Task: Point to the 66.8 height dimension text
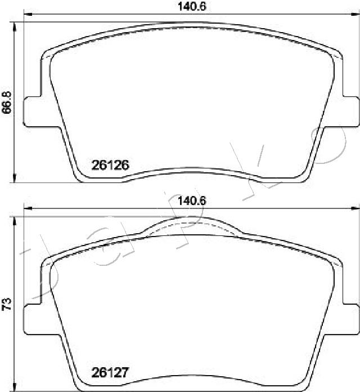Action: [x=7, y=103]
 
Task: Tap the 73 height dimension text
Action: [x=7, y=305]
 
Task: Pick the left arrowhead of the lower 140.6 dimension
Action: [x=26, y=209]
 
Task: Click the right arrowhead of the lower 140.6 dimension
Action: [x=354, y=209]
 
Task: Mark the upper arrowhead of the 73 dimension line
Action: [x=14, y=221]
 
